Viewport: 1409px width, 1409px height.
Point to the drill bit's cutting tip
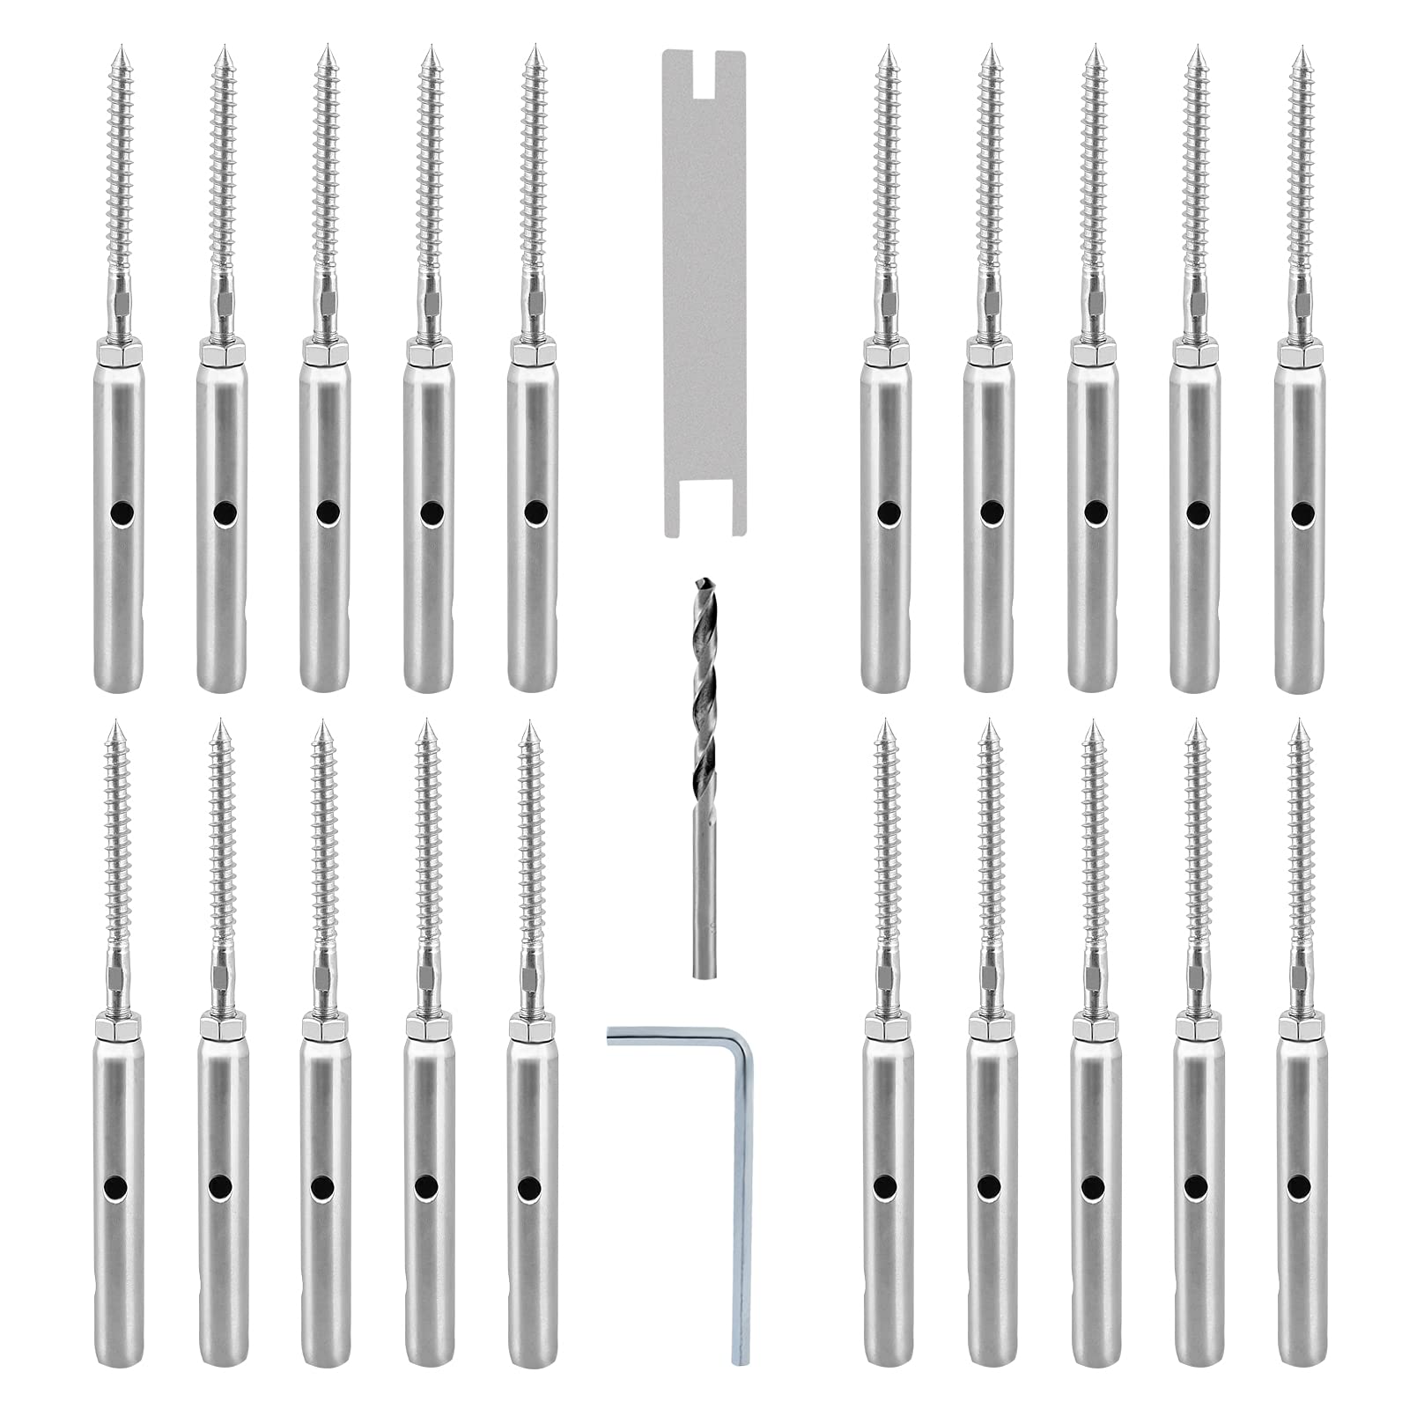coord(702,583)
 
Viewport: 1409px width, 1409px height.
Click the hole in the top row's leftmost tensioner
coord(118,512)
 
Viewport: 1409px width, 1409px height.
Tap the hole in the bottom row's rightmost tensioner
coord(1297,1185)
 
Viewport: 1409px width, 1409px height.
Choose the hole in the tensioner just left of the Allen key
coord(529,1187)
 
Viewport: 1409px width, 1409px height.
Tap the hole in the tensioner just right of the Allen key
coord(886,1185)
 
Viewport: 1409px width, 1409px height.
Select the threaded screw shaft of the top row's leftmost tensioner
coord(118,176)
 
